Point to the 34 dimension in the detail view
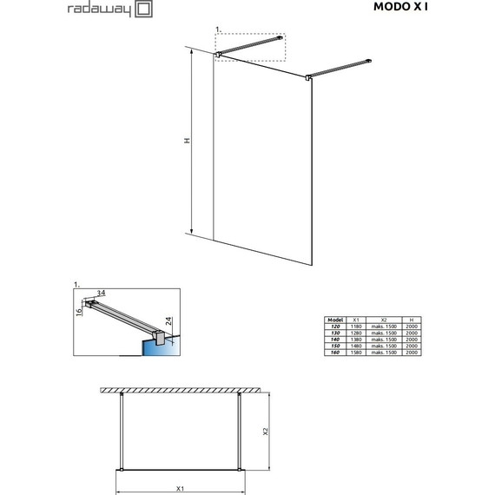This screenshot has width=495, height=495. [101, 293]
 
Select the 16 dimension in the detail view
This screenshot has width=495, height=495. [78, 310]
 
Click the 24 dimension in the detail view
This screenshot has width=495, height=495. [169, 327]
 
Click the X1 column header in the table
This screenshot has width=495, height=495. [356, 320]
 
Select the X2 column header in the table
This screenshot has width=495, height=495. [383, 320]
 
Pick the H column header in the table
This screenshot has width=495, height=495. [412, 320]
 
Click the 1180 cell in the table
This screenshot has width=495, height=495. [356, 327]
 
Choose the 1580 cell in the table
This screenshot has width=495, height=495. [356, 353]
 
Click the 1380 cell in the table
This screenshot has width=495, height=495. [356, 340]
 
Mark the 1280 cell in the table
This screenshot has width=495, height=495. [356, 333]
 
